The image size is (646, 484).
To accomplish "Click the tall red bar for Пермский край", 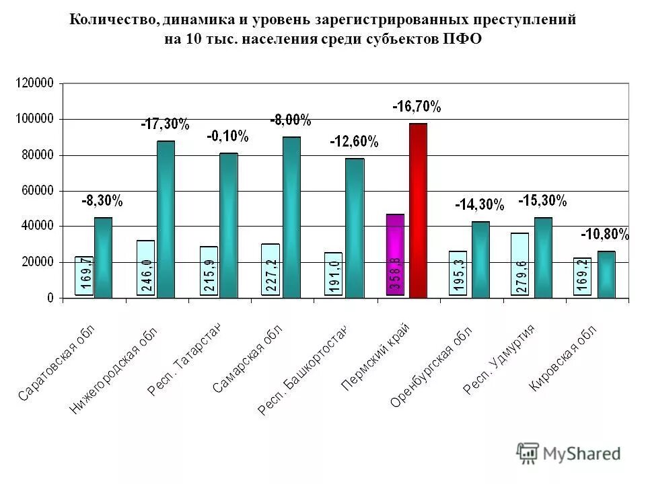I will point(418,210).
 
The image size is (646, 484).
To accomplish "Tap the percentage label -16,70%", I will point(417,107).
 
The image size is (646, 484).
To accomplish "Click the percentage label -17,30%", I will point(165,124).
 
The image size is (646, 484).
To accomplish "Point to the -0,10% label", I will point(227,136).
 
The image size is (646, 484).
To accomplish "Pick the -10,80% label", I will point(605,235).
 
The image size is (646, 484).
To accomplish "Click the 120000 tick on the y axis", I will point(34,83).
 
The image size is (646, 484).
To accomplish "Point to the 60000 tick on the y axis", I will point(37,190).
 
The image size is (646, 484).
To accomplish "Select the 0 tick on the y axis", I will point(50,298).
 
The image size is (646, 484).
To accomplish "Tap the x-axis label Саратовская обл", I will point(57,362).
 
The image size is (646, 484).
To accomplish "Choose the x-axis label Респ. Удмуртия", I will point(499,359).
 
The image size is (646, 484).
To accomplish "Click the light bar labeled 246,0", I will point(145,268).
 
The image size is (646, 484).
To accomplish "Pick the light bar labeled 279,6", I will point(519,264).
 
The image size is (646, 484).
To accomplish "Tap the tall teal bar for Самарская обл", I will point(292,217).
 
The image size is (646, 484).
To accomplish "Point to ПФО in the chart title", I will point(462,39).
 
